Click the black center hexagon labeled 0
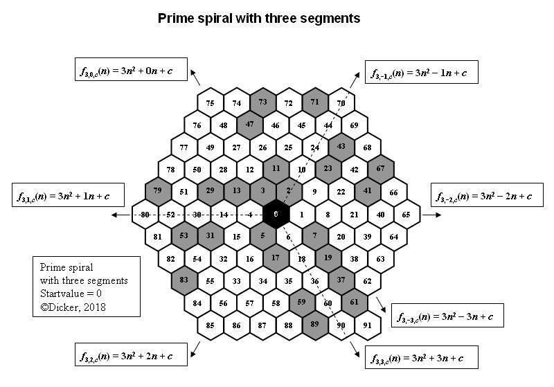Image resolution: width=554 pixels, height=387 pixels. pos(276,215)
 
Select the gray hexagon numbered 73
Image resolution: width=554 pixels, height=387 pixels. pos(262,102)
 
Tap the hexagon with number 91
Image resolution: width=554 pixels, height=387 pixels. pos(367,325)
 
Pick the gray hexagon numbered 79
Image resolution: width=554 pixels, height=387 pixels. pos(158,191)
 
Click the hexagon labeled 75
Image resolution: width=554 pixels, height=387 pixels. pos(211,103)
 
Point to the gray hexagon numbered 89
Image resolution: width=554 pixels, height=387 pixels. pos(315,325)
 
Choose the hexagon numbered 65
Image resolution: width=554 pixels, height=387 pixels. pos(406,215)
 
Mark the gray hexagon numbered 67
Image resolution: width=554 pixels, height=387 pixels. pos(380,169)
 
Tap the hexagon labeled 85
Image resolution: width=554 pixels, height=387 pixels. pos(211,325)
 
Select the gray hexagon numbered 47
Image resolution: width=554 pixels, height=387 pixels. pos(249,125)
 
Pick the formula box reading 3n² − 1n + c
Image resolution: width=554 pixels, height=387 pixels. pos(421,72)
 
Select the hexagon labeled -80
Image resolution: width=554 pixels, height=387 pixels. pos(145,215)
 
